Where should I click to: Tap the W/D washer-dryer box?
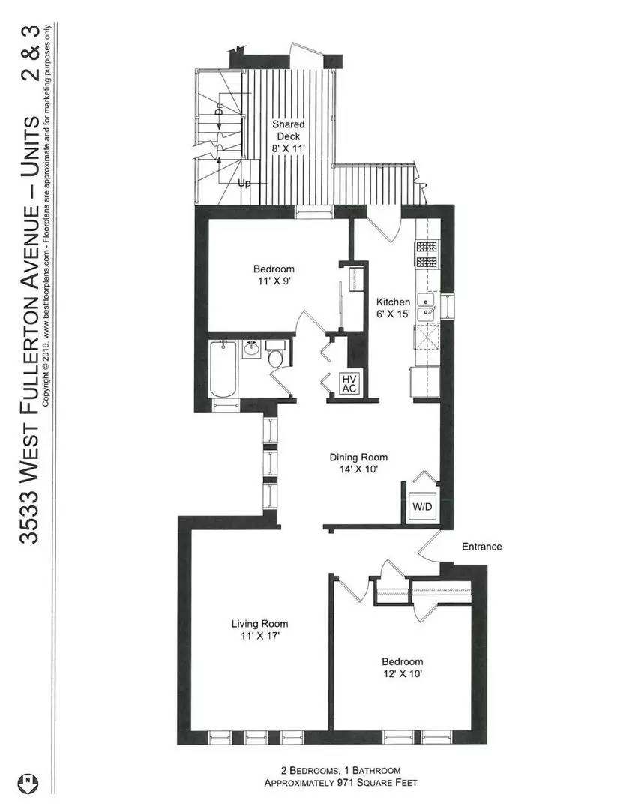coord(420,506)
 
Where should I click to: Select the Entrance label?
coord(481,547)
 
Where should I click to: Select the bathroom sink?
coord(250,349)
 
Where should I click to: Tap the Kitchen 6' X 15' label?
coord(393,308)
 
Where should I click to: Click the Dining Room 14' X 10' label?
coord(358,463)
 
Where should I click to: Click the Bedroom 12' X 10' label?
coord(402,668)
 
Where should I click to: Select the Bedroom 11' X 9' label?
coord(273,275)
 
